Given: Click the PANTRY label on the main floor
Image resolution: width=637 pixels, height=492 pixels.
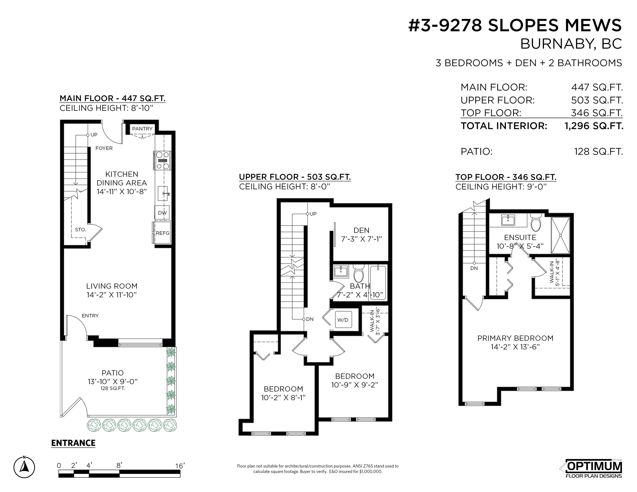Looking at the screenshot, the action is coord(142,129).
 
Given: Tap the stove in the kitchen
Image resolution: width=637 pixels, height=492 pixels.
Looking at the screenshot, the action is coord(162,160).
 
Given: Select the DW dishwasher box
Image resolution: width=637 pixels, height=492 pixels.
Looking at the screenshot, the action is coord(162,213).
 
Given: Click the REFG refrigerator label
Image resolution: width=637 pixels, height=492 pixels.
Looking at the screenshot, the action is coord(162,233).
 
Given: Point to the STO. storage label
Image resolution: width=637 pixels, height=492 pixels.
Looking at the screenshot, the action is coord(81,230).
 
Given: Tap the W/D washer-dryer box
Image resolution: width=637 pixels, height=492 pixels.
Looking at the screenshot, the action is coord(343,320).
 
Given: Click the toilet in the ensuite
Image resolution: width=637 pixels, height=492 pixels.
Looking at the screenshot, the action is coord(535,222).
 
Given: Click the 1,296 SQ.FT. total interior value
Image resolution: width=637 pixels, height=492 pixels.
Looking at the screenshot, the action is coord(594,126).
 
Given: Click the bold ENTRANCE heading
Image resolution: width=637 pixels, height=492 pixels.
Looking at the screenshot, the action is coord(73,443).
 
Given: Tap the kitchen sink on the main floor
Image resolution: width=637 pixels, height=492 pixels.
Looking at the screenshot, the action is coord(163,193).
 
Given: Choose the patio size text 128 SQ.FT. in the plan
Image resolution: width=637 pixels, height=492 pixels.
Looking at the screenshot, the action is coord(113,388).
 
